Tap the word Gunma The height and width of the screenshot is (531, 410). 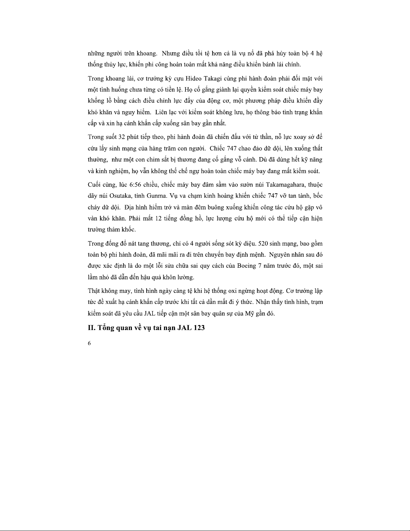[x=154, y=196]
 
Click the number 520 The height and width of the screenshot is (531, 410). [x=263, y=244]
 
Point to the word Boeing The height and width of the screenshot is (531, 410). [x=246, y=266]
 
